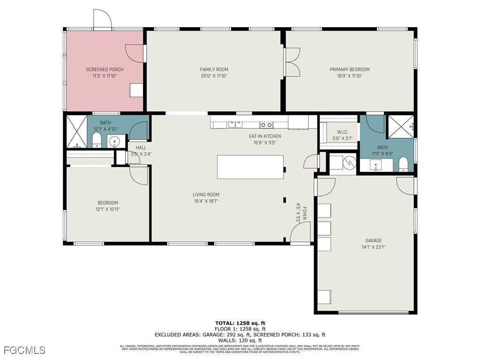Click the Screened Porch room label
pyautogui.click(x=105, y=69)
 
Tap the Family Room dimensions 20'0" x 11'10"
pyautogui.click(x=214, y=75)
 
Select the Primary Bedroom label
pyautogui.click(x=349, y=69)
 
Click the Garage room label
pyautogui.click(x=373, y=241)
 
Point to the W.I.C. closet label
pyautogui.click(x=338, y=132)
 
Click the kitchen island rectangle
pyautogui.click(x=250, y=167)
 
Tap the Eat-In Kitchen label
pyautogui.click(x=265, y=136)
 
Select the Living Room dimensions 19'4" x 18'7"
pyautogui.click(x=206, y=201)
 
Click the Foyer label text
pyautogui.click(x=304, y=213)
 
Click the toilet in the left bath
pyautogui.click(x=97, y=140)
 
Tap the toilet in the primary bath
pyautogui.click(x=403, y=165)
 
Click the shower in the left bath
pyautogui.click(x=75, y=131)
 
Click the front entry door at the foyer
pyautogui.click(x=300, y=232)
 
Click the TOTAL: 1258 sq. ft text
pyautogui.click(x=240, y=323)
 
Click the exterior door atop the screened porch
pyautogui.click(x=103, y=19)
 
